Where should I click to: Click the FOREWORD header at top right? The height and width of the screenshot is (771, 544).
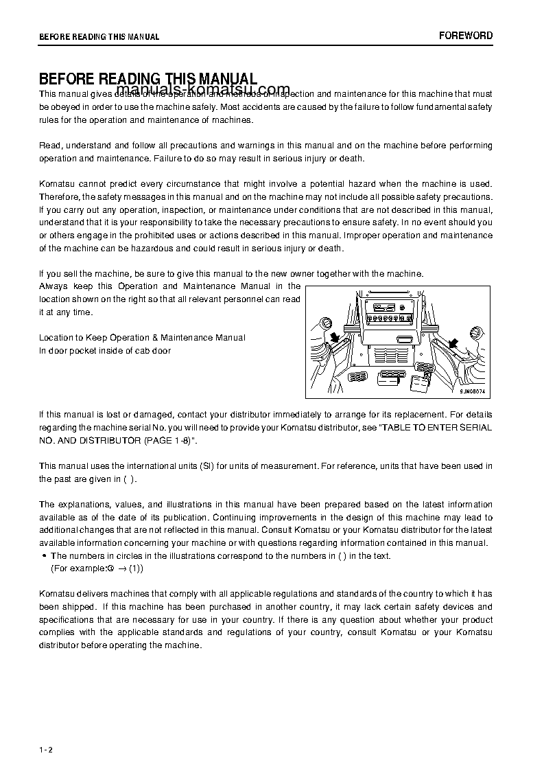(466, 36)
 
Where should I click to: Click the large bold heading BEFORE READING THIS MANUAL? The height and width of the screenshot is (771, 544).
(148, 79)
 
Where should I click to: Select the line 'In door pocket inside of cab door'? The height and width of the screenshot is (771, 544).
(105, 350)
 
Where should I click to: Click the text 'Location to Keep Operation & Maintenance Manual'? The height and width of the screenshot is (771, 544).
(142, 338)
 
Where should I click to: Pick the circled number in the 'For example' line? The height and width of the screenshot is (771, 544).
(110, 569)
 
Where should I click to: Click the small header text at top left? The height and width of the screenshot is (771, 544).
(99, 37)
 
